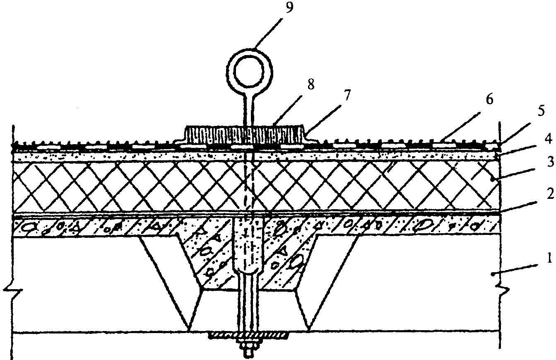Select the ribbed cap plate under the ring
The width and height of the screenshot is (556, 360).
(245, 135)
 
